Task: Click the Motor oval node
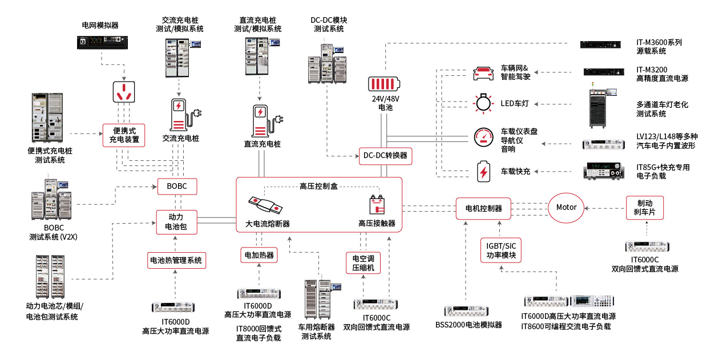(567, 207)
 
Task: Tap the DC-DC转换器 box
(386, 156)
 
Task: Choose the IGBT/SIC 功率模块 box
(501, 250)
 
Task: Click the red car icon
(483, 72)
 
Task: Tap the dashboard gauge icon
(483, 136)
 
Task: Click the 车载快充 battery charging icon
(483, 171)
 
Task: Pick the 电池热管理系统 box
(176, 261)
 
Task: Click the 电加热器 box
(259, 255)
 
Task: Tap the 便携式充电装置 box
(124, 135)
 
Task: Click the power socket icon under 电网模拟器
(124, 91)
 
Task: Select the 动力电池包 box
(176, 222)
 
